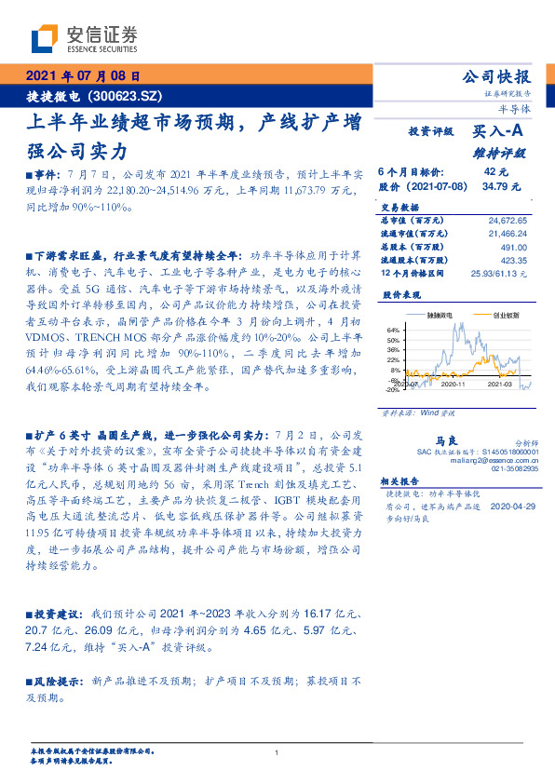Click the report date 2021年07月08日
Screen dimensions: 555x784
pyautogui.click(x=81, y=76)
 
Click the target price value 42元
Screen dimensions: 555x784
pyautogui.click(x=495, y=172)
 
